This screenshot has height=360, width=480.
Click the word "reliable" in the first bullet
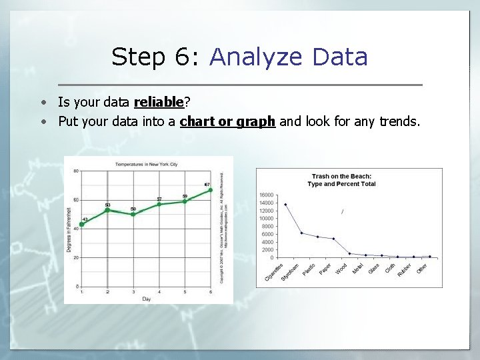click(159, 102)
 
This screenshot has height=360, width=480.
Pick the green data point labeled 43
click(82, 225)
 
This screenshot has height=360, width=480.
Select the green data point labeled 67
click(211, 190)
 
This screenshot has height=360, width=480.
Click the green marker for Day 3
click(133, 214)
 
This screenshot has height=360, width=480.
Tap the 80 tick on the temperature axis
click(75, 171)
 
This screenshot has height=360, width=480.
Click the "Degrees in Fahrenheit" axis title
click(69, 229)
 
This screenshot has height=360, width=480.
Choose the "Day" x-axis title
click(146, 299)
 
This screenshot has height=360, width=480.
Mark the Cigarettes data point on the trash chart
click(286, 205)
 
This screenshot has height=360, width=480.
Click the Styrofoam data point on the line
click(302, 233)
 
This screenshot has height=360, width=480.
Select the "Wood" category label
click(341, 269)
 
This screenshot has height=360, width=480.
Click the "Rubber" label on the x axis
click(403, 270)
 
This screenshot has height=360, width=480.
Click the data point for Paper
click(333, 239)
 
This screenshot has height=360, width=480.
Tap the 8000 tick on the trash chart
click(267, 226)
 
